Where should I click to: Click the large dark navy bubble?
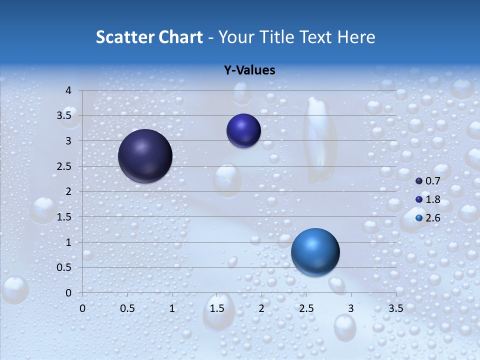145,156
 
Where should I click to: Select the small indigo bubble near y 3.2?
243,130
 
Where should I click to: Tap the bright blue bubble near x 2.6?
315,252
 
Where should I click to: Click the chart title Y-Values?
249,70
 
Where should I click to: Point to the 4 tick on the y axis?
68,90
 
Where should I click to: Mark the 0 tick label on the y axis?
68,293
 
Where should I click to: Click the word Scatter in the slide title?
125,37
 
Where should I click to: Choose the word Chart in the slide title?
181,37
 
